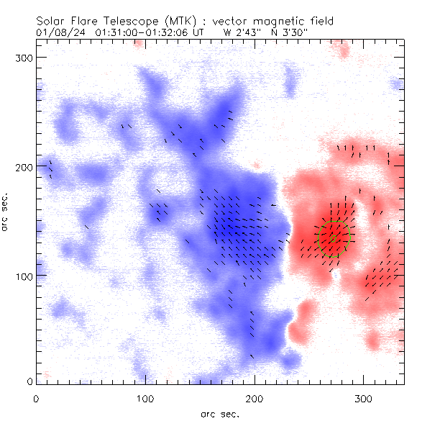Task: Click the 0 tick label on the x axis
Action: (36, 398)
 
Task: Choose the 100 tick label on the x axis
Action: (145, 398)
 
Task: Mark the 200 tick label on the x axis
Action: (255, 398)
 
